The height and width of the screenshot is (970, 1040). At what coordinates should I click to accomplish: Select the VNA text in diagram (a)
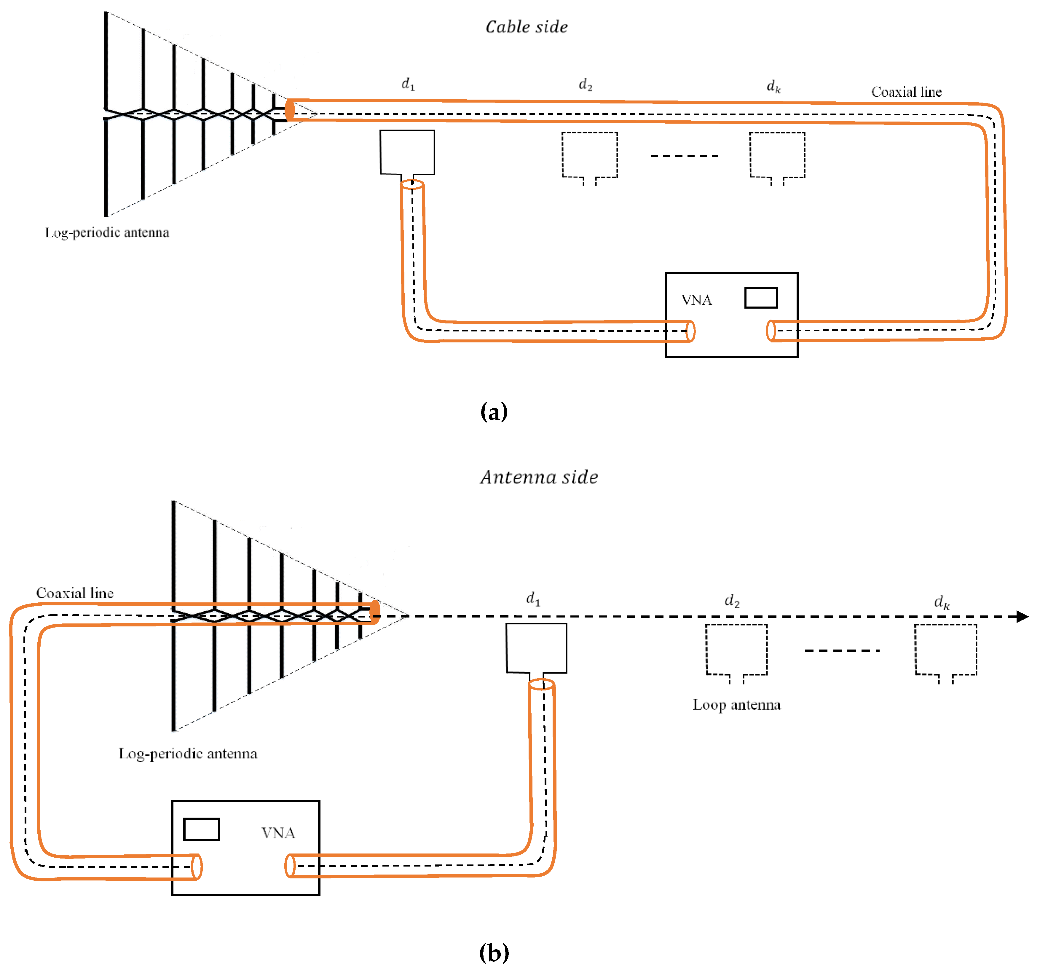point(696,300)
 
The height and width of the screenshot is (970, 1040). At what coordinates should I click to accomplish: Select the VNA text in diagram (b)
point(278,833)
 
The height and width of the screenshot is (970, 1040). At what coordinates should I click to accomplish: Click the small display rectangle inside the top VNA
point(761,298)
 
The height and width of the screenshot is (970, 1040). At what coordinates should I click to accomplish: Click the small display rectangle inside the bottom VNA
point(201,829)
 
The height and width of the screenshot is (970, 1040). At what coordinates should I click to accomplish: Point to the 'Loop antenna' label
point(736,705)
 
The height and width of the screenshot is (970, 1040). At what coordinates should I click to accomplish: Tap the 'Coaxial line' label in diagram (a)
point(906,92)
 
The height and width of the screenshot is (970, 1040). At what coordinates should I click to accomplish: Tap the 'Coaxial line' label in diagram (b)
point(75,593)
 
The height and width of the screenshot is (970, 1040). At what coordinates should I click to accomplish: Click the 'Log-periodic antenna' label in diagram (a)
point(107,232)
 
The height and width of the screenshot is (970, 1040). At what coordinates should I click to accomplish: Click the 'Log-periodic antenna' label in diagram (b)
point(188,753)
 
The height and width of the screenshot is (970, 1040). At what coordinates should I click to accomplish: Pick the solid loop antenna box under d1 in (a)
point(407,152)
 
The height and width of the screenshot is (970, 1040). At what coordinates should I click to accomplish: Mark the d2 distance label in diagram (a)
point(586,85)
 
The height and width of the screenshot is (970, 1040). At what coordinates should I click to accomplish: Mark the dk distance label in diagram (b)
point(942,602)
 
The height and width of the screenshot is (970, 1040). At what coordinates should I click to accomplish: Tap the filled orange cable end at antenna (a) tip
point(289,110)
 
